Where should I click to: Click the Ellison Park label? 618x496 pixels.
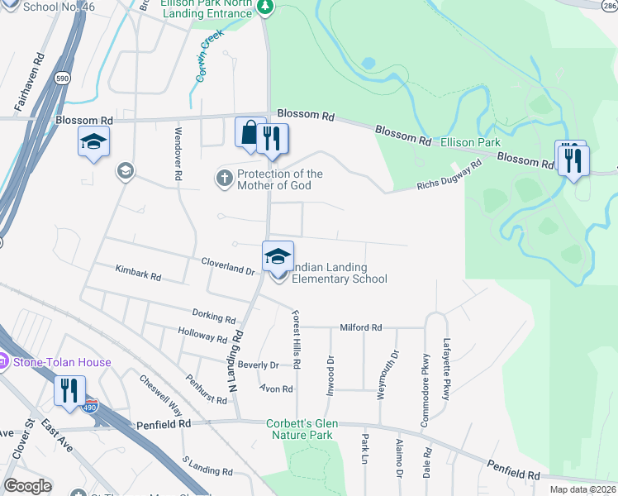(470, 142)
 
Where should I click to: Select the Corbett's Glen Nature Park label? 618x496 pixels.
(299, 429)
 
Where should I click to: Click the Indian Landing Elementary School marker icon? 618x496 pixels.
(278, 257)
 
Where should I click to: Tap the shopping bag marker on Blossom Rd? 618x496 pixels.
(249, 133)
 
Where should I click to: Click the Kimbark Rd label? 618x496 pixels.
(138, 273)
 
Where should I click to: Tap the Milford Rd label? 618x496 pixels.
(360, 328)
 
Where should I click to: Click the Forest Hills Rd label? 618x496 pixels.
(296, 339)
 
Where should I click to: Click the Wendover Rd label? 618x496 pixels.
(177, 154)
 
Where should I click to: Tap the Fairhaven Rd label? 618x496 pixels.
(26, 83)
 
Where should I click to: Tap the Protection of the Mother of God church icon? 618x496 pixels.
(225, 177)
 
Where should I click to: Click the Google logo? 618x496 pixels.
(27, 486)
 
